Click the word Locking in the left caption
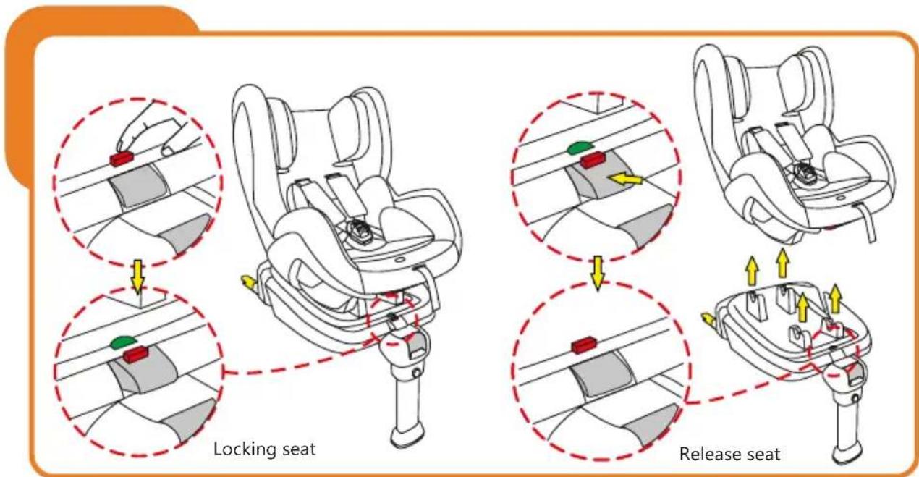(x=235, y=449)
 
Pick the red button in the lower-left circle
(x=135, y=355)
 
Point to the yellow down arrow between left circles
(x=137, y=276)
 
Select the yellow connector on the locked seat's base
(x=247, y=282)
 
